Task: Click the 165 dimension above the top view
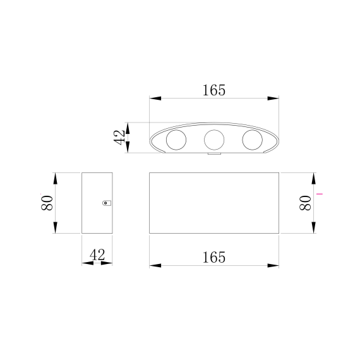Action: pos(214,90)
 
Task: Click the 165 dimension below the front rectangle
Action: pos(214,257)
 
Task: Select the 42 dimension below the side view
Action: pos(97,255)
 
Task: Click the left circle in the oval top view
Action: pos(175,139)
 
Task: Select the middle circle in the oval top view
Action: pos(214,138)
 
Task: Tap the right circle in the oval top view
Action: pos(253,139)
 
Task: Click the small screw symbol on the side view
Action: pos(106,203)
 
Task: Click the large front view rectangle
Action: pos(214,203)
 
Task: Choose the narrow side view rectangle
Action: pos(97,203)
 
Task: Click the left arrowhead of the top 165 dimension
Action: pos(155,99)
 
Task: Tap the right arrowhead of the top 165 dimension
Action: pos(273,99)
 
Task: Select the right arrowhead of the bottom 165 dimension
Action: pos(273,265)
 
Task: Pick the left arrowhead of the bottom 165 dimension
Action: pos(155,265)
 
